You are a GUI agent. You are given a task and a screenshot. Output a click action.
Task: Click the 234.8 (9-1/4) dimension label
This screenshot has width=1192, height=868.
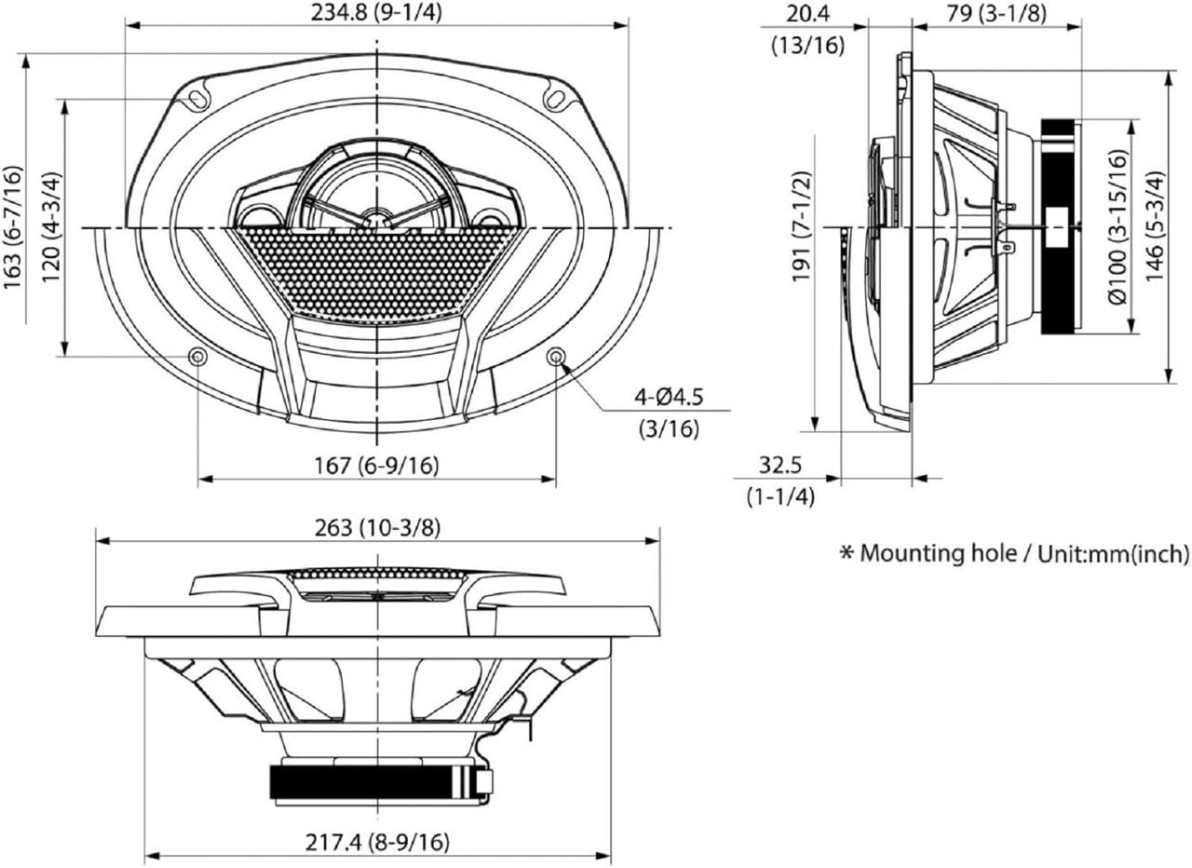[x=376, y=14]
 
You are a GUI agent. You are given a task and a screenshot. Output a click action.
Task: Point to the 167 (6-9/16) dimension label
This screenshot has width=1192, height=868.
[x=376, y=466]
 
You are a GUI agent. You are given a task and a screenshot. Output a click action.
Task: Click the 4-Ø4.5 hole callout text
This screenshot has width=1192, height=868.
[x=668, y=398]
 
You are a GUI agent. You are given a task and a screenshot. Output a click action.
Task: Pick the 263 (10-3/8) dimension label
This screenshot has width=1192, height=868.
[x=376, y=527]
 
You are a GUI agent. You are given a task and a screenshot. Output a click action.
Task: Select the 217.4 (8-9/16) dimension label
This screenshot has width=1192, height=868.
[x=376, y=842]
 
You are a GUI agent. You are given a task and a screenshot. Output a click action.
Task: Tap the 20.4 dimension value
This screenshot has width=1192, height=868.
[x=807, y=14]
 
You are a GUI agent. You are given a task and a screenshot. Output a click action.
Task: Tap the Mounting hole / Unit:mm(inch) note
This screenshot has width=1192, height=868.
[x=1015, y=554]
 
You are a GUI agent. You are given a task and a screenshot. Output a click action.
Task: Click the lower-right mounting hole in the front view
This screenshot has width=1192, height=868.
[x=556, y=356]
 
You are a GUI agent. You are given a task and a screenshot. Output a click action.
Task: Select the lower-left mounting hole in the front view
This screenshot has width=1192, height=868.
[x=197, y=356]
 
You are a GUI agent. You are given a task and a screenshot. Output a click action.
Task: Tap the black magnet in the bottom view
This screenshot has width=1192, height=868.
[x=372, y=782]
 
